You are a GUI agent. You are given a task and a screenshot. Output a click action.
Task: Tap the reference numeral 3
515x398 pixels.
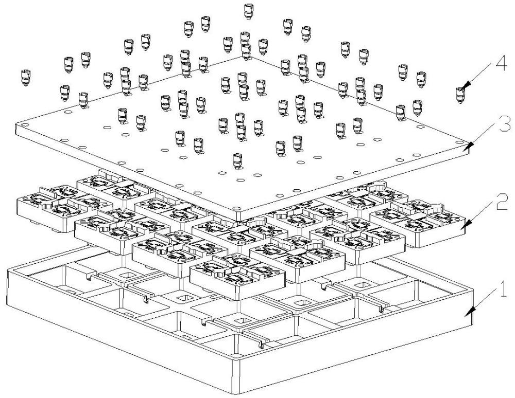505,123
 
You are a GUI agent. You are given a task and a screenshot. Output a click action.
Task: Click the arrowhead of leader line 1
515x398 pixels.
470,312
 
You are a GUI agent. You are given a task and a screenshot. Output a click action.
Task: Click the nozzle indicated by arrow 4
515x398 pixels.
460,96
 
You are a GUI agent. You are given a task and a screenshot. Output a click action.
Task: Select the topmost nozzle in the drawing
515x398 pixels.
249,11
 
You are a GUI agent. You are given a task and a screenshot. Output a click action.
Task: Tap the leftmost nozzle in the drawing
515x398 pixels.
26,78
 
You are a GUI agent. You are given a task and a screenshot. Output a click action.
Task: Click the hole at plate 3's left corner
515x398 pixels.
24,125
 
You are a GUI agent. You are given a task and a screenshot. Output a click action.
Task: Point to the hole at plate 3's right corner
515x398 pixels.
459,142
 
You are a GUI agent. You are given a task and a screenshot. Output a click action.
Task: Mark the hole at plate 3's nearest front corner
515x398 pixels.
236,208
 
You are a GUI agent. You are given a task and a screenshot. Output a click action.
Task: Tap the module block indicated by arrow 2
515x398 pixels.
418,223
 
